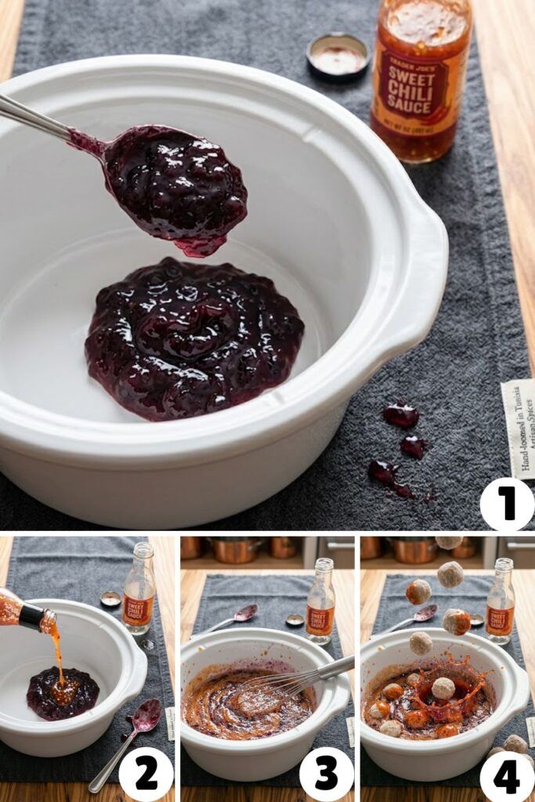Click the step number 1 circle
tap(507, 504)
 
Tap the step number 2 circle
tap(146, 774)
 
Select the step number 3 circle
tap(326, 774)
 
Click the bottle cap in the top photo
tap(338, 56)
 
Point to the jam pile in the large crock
tap(194, 338)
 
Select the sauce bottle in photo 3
tap(320, 600)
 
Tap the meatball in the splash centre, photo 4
tap(443, 688)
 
